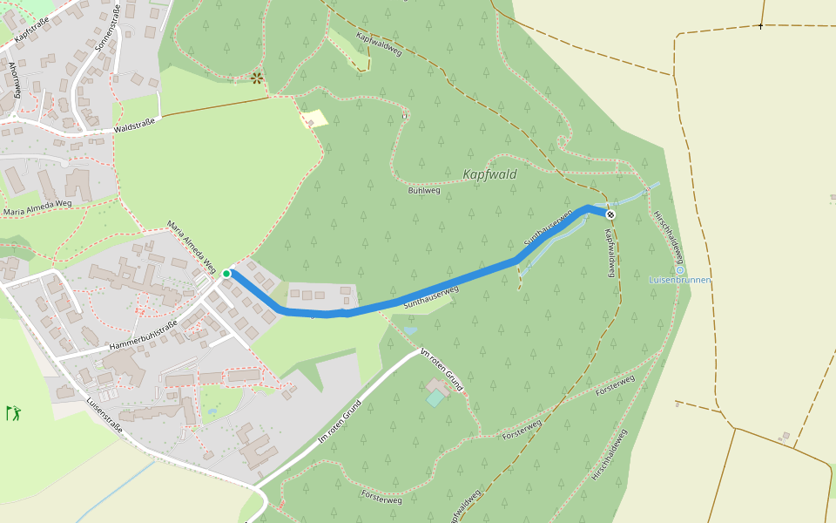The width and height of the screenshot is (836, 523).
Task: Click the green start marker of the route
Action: pos(226,274)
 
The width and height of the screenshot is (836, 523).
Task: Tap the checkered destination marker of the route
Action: pos(610,214)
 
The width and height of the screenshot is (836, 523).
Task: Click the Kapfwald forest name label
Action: pos(489,174)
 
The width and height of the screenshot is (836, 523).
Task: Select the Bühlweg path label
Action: pos(424,189)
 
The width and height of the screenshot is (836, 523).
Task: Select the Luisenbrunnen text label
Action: pos(680,281)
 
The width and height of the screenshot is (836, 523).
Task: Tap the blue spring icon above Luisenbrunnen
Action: pos(680,270)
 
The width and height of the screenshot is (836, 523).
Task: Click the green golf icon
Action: pos(13,412)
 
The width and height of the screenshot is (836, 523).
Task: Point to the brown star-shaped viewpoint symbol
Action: pos(257,78)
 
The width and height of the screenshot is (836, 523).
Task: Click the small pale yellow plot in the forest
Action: pos(314,119)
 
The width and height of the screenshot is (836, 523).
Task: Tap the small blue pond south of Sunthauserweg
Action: pos(409,330)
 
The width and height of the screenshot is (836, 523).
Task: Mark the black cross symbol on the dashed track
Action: pos(760,26)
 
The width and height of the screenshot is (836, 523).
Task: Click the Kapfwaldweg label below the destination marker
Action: pos(610,253)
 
